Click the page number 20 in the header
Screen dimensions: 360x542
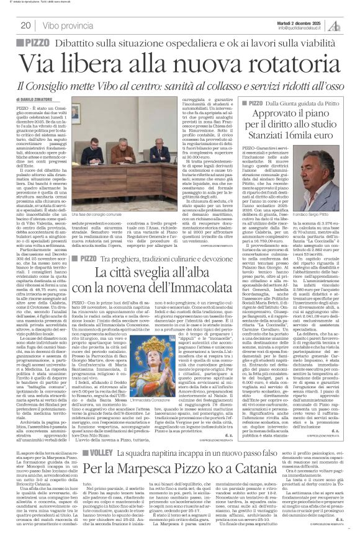click(25, 25)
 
